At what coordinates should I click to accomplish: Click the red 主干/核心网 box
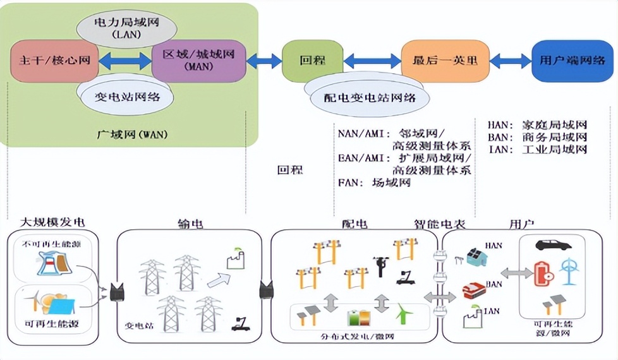50,61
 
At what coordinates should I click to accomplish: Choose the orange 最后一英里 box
444,61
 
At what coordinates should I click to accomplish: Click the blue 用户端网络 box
573,61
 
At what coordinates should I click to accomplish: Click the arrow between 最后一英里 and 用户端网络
511,61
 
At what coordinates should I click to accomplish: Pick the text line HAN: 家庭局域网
538,125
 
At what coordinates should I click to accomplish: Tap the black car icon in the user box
553,245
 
